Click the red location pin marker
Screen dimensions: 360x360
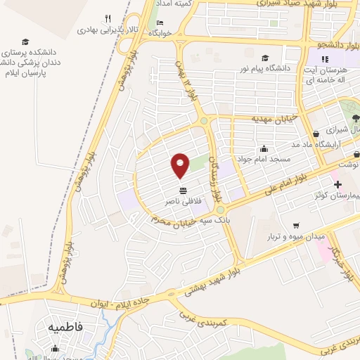(x=181, y=165)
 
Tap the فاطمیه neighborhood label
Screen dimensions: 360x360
(x=66, y=328)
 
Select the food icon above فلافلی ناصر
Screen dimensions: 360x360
(x=183, y=191)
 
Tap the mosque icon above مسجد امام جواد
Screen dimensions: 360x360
(x=264, y=148)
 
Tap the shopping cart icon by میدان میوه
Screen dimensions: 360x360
(x=297, y=226)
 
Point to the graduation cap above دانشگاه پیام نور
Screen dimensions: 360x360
(x=264, y=58)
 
